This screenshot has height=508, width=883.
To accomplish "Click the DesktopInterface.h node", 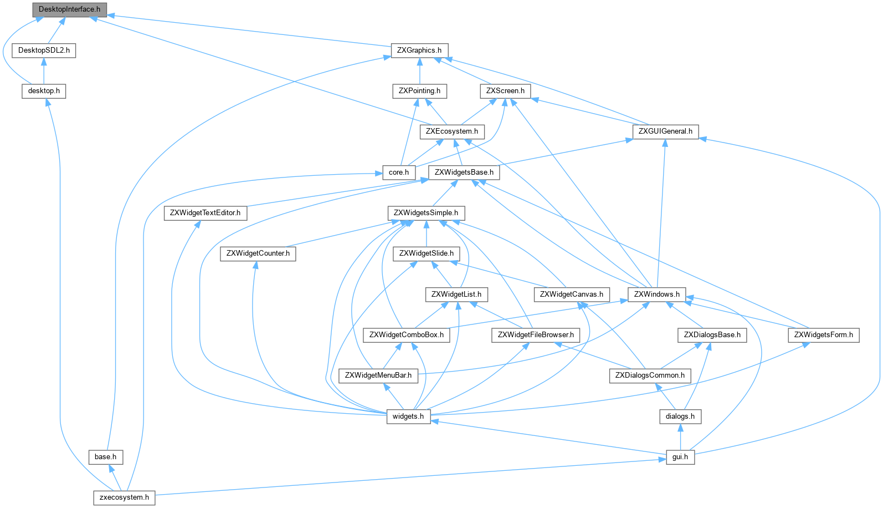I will coord(69,9).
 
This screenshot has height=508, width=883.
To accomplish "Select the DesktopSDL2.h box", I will coord(44,50).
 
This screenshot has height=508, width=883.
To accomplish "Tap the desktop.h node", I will coord(44,90).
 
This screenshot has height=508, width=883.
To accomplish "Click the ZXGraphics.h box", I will coord(419,50).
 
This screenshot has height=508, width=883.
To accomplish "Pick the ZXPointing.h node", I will coord(419,90).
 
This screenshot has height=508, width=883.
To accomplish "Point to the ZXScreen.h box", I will coord(505,90).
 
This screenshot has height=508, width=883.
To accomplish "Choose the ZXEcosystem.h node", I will coord(452,131).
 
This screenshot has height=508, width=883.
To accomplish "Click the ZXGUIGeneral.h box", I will coord(665,131).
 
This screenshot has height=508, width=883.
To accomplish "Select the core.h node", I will coord(399,172).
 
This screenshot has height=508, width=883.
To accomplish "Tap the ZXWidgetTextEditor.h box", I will coord(205,212).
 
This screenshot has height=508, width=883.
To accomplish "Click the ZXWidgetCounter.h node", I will coord(258,253).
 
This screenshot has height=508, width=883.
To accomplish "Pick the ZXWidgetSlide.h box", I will coord(427,253).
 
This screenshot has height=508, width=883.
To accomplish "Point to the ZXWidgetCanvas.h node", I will coord(572,294).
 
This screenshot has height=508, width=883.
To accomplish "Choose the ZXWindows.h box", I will coord(656,294).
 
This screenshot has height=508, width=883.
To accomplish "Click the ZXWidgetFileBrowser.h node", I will coord(536,334).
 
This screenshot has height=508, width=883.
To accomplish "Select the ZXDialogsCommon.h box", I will coord(650,375).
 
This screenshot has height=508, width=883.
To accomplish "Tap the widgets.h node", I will coord(408,416).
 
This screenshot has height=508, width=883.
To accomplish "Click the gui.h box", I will coord(680,456).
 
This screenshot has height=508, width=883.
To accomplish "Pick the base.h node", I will coord(105,456).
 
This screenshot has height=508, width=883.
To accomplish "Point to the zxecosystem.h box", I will coord(124,497).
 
